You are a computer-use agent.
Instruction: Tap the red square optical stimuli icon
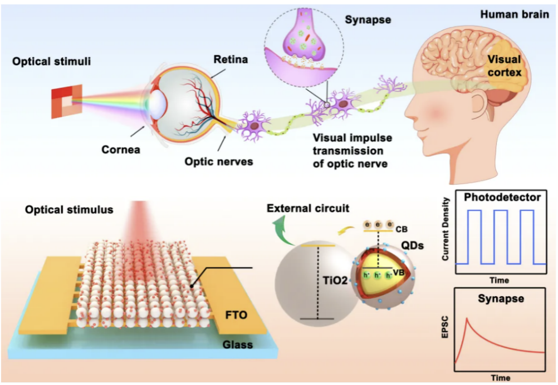tap(67, 101)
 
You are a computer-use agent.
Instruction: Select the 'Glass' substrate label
tap(238, 344)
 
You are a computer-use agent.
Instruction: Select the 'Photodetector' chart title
tap(503, 197)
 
